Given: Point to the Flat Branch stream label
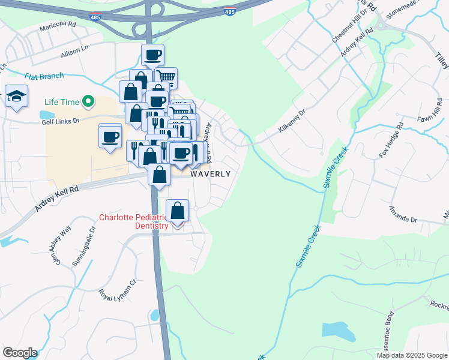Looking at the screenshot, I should pos(44,77).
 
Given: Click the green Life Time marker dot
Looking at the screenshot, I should pos(89,102).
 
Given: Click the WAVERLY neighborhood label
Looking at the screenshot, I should pos(210,174).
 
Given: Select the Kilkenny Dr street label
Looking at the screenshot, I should pos(292,119).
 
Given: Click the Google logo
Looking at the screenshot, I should pos(20,353).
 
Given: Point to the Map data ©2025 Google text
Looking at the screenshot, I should pos(412,355).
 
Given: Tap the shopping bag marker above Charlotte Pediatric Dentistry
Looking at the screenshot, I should pos(177,211).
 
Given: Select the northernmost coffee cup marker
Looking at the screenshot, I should pos(152,56).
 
